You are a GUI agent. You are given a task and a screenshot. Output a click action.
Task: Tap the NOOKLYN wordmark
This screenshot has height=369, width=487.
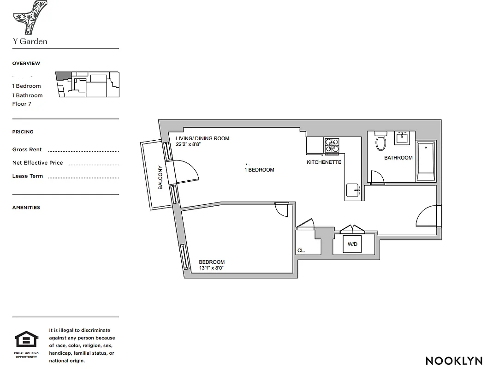(454, 361)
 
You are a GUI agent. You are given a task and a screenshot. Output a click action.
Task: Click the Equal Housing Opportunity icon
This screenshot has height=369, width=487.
(26, 340)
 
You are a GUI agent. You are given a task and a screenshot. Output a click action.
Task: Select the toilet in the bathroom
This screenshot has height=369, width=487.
(381, 141)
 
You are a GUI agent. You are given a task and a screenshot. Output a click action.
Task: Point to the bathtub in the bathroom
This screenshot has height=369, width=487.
(426, 161)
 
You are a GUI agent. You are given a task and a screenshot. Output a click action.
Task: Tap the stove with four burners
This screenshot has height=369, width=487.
(332, 146)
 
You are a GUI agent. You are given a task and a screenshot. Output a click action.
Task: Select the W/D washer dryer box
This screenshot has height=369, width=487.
(353, 244)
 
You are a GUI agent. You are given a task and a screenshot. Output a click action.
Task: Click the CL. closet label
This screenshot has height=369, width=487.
(301, 251)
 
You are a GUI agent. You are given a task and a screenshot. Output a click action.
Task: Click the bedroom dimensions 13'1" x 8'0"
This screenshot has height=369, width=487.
(211, 268)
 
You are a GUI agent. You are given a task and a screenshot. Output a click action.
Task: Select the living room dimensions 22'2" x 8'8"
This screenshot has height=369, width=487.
(188, 144)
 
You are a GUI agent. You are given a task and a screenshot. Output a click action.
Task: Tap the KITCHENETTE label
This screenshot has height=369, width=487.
(324, 162)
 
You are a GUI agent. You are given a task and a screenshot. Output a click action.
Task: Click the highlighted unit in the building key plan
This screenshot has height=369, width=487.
(63, 77)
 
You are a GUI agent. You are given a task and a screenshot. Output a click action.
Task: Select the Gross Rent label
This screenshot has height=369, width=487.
(27, 149)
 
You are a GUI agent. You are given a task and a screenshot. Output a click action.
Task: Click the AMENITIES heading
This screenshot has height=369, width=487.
(26, 208)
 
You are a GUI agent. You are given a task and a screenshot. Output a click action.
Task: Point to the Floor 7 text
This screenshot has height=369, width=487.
(22, 104)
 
